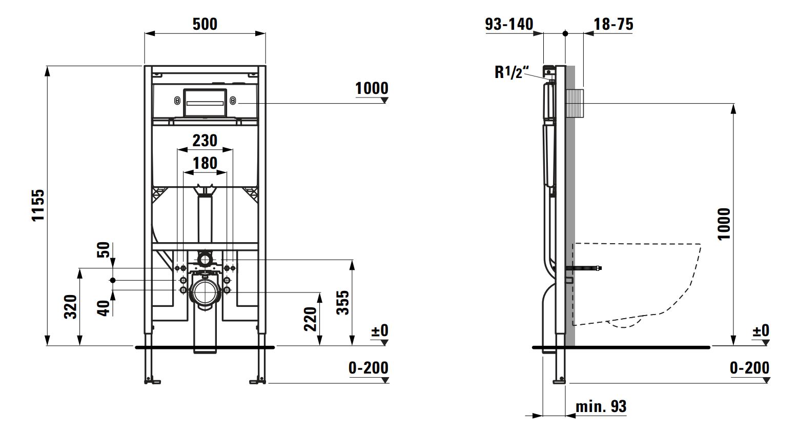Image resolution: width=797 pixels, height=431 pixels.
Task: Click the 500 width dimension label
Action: pyautogui.click(x=205, y=24)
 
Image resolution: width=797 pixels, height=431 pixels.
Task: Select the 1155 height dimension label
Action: pyautogui.click(x=39, y=205)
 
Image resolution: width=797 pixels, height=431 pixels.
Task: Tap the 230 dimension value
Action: pyautogui.click(x=205, y=140)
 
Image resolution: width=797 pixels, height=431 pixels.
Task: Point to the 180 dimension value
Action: pyautogui.click(x=205, y=163)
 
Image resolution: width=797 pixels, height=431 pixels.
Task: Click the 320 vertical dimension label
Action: pyautogui.click(x=71, y=306)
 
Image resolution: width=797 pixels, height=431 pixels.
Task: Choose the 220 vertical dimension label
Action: pyautogui.click(x=311, y=319)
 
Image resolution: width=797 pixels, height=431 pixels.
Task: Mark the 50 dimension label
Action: pyautogui.click(x=104, y=250)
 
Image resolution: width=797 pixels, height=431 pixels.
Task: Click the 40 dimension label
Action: pyautogui.click(x=104, y=308)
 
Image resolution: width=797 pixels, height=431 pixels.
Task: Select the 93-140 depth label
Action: pyautogui.click(x=509, y=24)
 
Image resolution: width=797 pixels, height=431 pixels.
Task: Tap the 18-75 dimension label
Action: pyautogui.click(x=614, y=24)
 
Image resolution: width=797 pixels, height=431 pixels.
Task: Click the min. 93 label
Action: pyautogui.click(x=601, y=407)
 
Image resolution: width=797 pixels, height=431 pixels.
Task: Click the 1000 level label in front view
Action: pyautogui.click(x=372, y=88)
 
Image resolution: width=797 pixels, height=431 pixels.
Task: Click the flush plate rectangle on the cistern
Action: pyautogui.click(x=205, y=103)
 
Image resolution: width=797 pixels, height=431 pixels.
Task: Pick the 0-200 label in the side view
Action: pyautogui.click(x=749, y=367)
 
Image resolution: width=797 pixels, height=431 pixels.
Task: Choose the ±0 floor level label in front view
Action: pyautogui.click(x=380, y=330)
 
